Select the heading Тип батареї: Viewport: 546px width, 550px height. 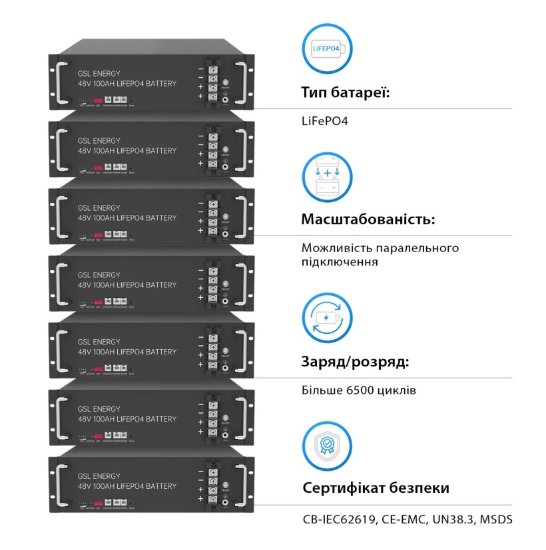(345, 92)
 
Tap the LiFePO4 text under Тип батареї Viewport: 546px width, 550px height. (325, 122)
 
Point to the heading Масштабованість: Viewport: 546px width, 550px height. (368, 219)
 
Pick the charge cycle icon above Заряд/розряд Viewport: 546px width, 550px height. (327, 317)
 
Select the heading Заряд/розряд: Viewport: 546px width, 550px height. (355, 362)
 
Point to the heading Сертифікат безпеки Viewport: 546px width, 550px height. (376, 488)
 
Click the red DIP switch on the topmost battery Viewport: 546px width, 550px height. (98, 100)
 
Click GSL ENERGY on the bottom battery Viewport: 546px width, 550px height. (99, 476)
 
